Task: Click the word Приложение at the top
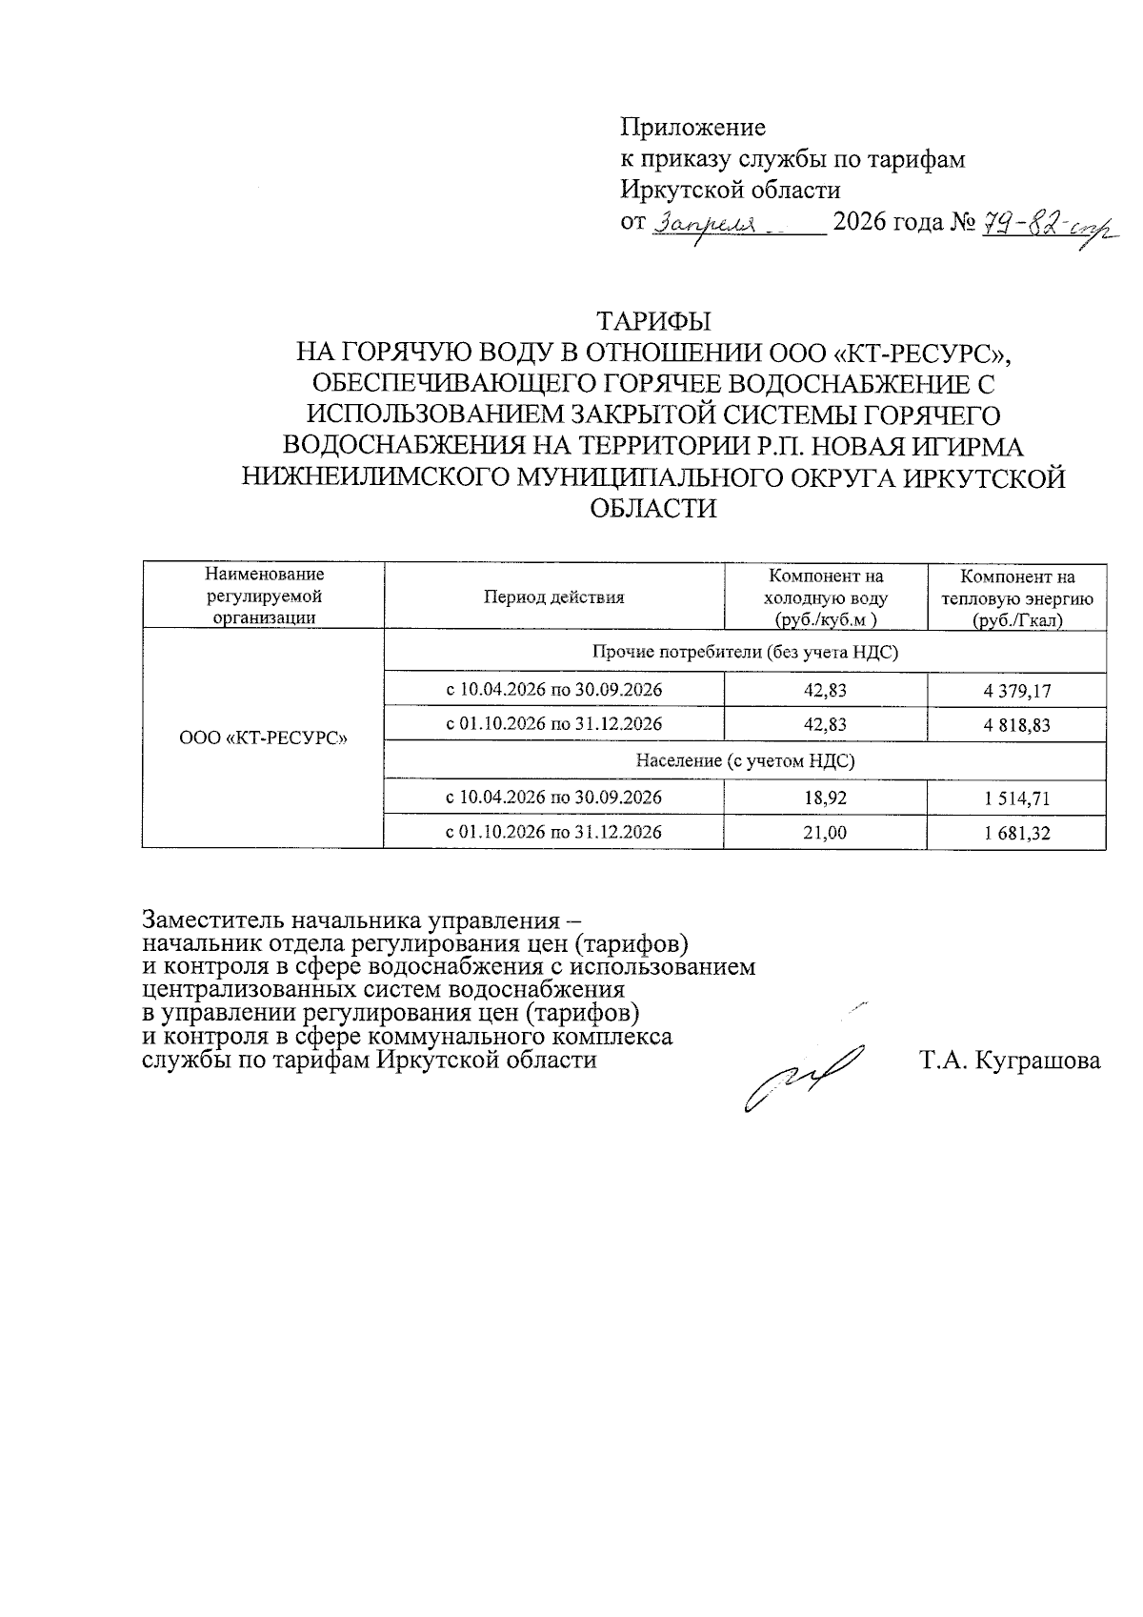[x=692, y=127]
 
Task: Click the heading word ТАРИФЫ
[x=653, y=319]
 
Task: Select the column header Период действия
[x=553, y=597]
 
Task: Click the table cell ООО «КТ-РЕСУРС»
[x=263, y=738]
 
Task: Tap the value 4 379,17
[x=1017, y=689]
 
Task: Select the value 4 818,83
[x=1017, y=724]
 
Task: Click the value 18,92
[x=825, y=797]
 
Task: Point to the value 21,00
[x=825, y=833]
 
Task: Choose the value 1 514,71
[x=1017, y=797]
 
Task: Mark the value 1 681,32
[x=1017, y=833]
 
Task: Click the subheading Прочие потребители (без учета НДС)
[x=745, y=653]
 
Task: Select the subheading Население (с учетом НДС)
[x=745, y=760]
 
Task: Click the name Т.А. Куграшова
[x=1010, y=1061]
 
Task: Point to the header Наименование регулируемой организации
[x=264, y=596]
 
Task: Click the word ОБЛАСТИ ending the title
[x=653, y=508]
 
